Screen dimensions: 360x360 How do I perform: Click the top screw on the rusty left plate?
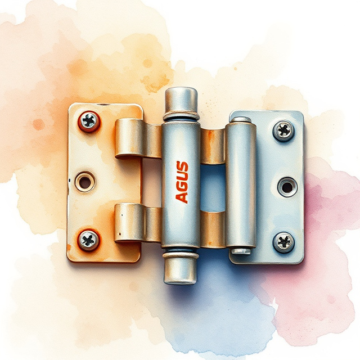89,120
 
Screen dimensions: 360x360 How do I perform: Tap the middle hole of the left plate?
85,181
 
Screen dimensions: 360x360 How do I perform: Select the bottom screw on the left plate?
88,240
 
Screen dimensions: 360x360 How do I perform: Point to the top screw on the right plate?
284,130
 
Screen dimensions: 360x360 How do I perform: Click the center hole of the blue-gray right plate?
287,186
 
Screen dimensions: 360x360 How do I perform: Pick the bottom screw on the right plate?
284,242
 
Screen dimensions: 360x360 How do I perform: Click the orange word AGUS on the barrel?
182,182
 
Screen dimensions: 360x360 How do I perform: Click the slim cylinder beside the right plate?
241,186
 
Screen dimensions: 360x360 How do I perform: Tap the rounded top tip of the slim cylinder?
241,119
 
